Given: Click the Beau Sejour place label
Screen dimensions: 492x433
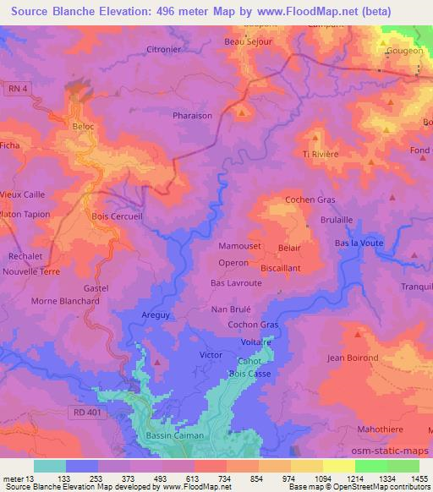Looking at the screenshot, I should (x=245, y=41).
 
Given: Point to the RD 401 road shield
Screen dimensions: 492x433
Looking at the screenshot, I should (x=81, y=410).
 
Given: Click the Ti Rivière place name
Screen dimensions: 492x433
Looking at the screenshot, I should (x=321, y=154).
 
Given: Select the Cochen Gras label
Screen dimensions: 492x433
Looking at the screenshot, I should (x=310, y=200).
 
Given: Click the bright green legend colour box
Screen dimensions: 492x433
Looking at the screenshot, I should (x=372, y=466).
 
